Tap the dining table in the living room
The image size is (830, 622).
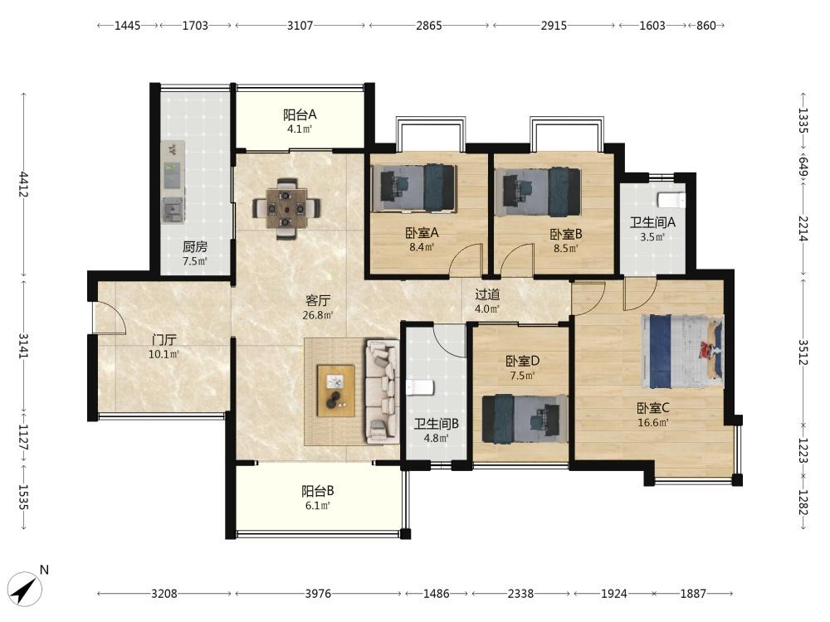point(286,208)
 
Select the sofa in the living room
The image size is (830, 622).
point(382,391)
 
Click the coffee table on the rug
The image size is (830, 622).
point(336,391)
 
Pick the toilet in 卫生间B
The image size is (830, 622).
point(419,387)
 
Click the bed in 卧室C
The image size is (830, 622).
point(682,352)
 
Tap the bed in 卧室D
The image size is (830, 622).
point(525,418)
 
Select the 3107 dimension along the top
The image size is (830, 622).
point(300,26)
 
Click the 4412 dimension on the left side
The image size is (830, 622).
point(22,183)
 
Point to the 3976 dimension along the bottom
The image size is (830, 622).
point(318,594)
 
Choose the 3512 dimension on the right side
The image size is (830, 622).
point(803,352)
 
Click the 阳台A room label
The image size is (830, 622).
point(300,114)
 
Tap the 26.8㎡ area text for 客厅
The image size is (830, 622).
point(318,316)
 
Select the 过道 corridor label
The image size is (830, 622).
point(487,294)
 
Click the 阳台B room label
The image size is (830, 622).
point(318,491)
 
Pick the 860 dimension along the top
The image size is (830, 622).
point(706,26)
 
